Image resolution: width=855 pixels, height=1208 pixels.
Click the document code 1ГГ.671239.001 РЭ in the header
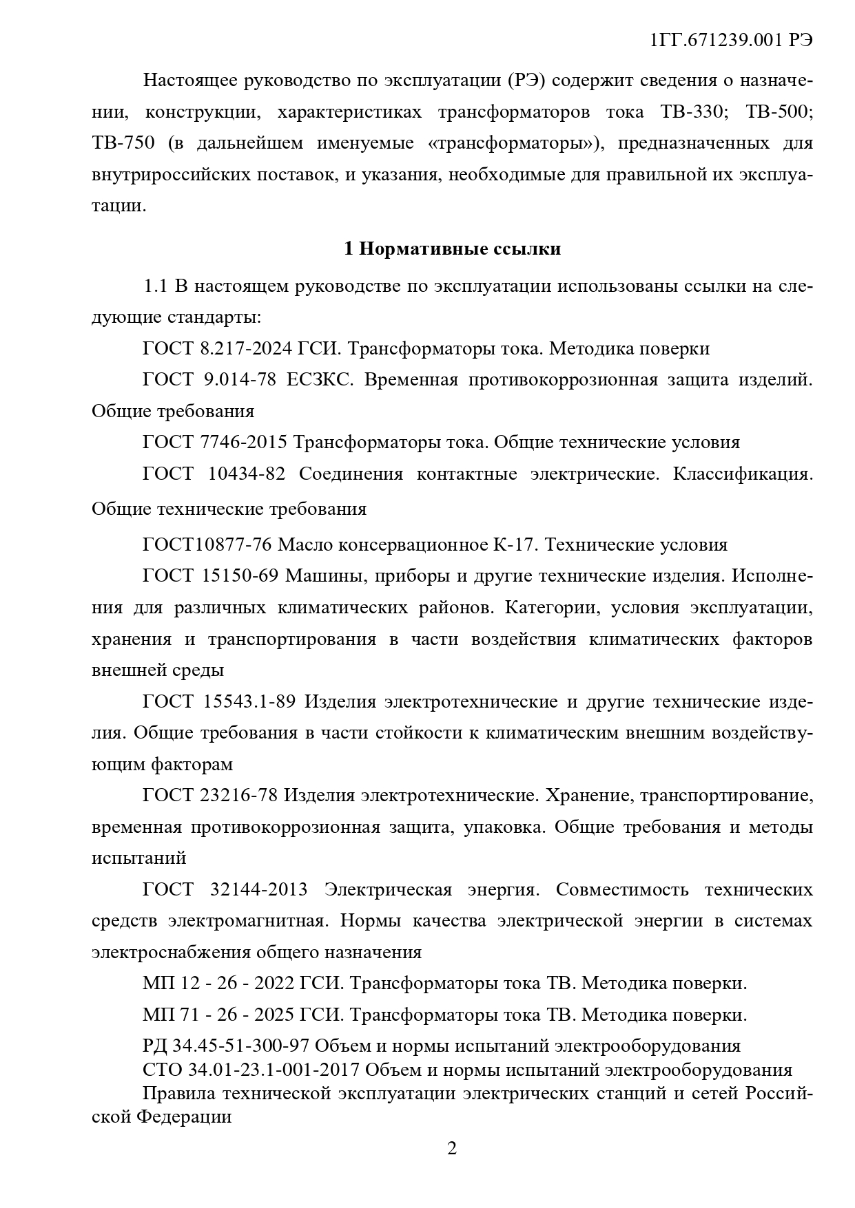click(x=731, y=40)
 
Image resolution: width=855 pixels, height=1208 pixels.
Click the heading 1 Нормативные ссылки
click(x=452, y=248)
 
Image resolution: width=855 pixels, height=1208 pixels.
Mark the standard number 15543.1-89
click(x=249, y=701)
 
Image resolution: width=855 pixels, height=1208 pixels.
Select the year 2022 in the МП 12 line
click(x=274, y=984)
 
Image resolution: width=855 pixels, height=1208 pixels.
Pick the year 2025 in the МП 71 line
click(x=274, y=1015)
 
